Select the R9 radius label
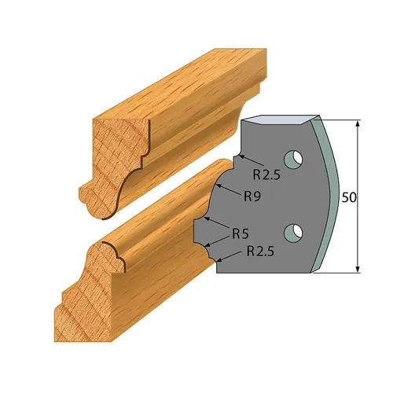pos(252,196)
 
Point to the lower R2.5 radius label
pos(261,252)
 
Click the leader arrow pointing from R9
pos(225,187)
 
